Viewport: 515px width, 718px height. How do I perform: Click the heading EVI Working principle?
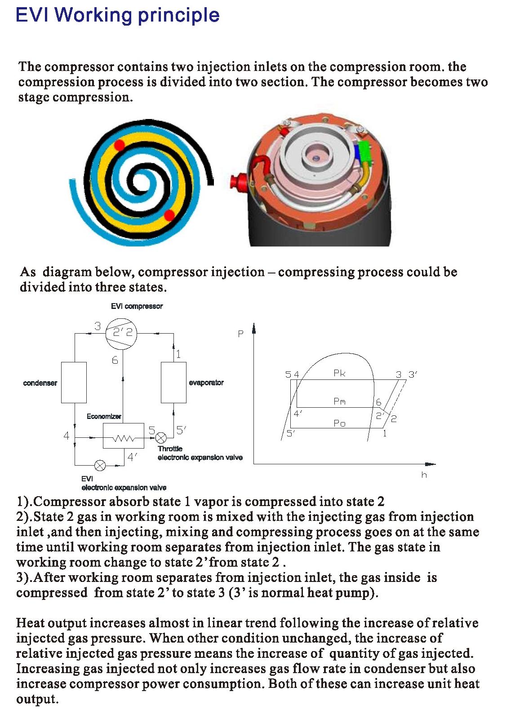pos(117,15)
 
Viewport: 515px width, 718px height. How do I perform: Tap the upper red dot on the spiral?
pos(119,145)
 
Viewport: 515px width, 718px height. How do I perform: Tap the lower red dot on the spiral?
pos(169,215)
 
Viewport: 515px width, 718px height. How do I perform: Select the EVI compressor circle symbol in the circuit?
pos(120,333)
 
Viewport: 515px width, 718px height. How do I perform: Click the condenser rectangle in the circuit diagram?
pos(74,382)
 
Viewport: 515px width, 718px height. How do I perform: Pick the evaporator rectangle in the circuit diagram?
pos(173,382)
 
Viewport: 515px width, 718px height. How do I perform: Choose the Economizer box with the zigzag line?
pos(124,436)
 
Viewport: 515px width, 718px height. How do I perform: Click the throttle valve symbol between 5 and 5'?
pos(161,437)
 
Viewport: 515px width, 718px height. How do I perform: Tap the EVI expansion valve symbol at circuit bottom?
pos(100,466)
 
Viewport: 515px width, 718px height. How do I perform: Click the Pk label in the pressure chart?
pos(339,373)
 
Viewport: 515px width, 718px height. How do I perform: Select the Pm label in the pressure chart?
pos(339,401)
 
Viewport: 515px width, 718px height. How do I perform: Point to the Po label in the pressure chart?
pos(339,423)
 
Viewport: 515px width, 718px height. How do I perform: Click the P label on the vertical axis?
pos(240,334)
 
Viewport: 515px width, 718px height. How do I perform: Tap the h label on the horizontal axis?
pos(424,475)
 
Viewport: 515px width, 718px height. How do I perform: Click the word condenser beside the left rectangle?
pos(40,383)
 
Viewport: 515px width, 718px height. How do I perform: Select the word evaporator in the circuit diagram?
pos(206,383)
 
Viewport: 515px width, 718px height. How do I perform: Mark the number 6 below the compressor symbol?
pos(115,360)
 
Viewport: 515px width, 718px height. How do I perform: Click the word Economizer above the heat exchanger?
pos(104,416)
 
